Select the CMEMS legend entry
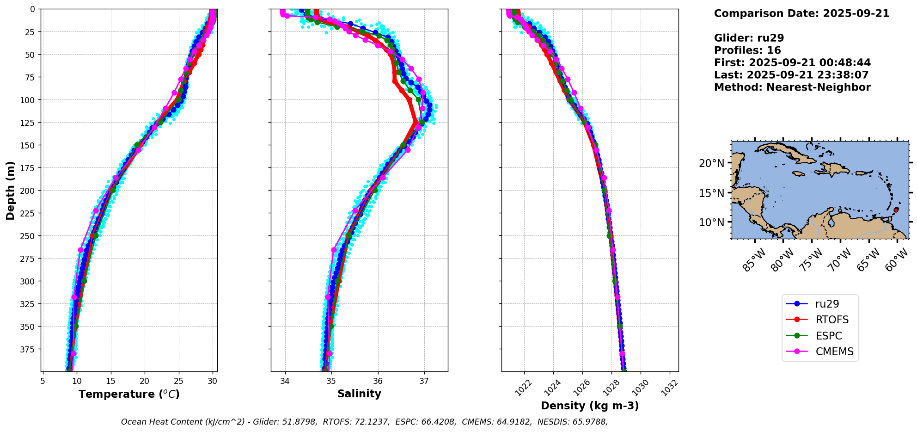820,352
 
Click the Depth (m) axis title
10,191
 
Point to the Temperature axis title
129,394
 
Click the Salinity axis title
359,394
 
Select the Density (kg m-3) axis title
590,406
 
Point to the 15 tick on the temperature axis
110,381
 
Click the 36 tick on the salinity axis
378,381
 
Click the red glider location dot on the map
896,210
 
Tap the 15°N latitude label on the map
712,193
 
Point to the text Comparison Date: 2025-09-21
801,13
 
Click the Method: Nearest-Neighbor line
792,87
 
